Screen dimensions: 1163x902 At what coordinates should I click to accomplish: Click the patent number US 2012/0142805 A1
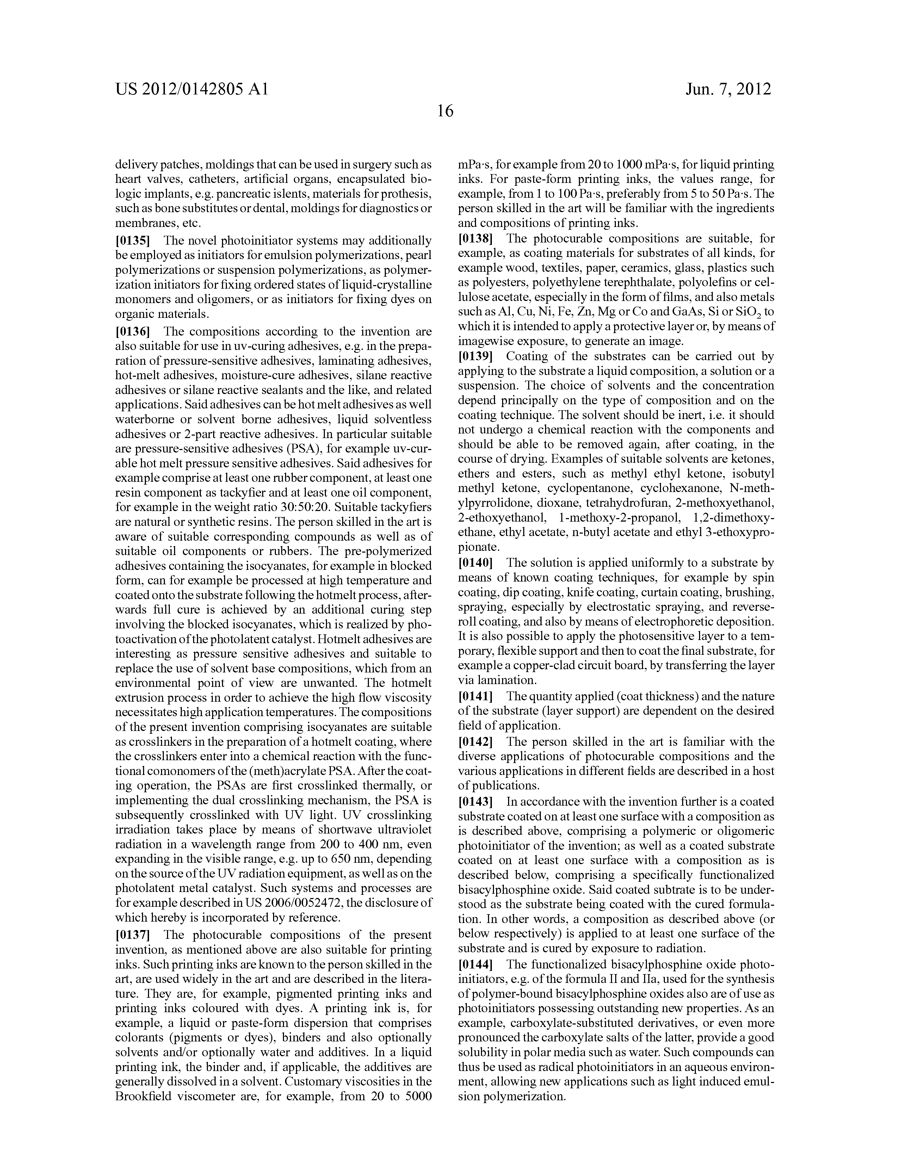point(192,90)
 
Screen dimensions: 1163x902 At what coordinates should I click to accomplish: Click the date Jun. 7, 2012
point(728,90)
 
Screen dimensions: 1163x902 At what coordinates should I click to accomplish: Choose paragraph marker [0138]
point(476,239)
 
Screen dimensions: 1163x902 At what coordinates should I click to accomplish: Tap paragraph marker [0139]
point(476,356)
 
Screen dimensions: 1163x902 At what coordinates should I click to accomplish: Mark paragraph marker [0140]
point(476,563)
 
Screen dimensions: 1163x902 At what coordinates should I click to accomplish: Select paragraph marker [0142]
point(476,742)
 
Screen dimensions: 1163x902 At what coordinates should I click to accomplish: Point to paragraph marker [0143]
point(476,801)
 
